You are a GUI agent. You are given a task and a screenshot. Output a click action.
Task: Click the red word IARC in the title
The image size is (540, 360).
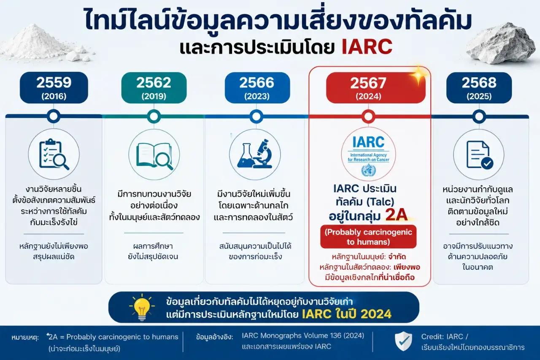pos(367,46)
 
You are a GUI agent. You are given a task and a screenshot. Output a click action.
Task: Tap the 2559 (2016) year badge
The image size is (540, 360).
pos(54,88)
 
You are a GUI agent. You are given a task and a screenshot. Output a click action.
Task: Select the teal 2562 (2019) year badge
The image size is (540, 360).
pos(154,88)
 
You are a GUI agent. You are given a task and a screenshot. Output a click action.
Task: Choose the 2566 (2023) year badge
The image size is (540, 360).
pos(257,88)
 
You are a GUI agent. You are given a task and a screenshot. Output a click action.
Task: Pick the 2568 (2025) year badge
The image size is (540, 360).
pos(479,88)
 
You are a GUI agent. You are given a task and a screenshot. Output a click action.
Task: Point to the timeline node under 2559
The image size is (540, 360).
pos(54,116)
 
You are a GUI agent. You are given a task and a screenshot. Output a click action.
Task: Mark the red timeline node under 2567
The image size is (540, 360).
pos(368,116)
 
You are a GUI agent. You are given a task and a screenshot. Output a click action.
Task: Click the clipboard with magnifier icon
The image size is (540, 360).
pos(54,154)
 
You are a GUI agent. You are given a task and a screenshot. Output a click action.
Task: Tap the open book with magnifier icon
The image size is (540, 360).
pos(154,155)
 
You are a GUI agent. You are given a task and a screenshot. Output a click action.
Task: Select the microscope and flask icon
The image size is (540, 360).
pos(255,154)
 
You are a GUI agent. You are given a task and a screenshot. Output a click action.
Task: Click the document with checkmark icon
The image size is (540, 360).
pos(479,155)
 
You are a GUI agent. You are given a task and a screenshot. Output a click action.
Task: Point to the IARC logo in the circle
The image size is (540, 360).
pos(368,154)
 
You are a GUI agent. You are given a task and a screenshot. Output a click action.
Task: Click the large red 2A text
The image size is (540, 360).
pos(396,215)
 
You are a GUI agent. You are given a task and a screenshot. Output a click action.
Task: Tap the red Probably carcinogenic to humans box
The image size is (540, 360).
pos(368,237)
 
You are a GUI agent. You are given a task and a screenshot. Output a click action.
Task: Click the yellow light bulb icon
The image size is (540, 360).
pos(142,307)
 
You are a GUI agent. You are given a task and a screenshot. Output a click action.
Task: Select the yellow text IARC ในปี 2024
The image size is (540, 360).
pos(346,314)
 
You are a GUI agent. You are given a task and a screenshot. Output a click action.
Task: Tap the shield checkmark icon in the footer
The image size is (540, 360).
pos(403,341)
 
